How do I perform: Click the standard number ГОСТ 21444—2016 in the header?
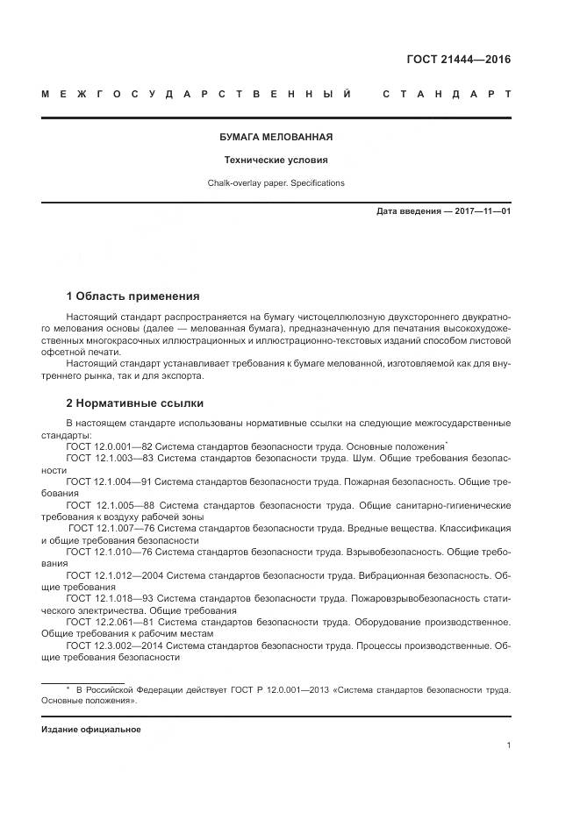(x=457, y=60)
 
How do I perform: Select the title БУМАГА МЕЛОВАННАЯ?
(x=275, y=138)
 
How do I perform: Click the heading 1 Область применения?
(x=132, y=296)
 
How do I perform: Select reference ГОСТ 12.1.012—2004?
(x=108, y=575)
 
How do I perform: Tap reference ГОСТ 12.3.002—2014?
(x=108, y=645)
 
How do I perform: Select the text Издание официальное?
(x=90, y=730)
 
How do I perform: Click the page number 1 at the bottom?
(x=508, y=745)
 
